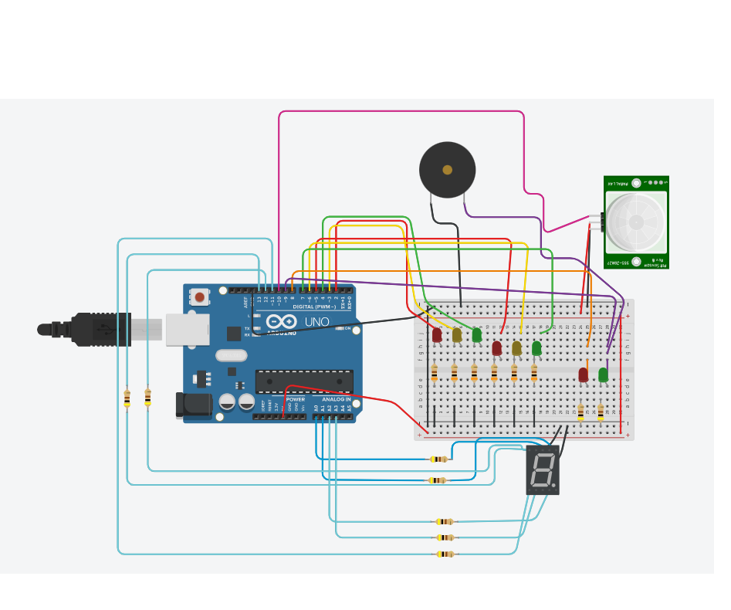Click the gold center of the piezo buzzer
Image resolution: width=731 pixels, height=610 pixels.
(447, 170)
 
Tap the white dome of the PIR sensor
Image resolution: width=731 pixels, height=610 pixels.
(635, 222)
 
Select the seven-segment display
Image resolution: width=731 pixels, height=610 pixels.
(542, 469)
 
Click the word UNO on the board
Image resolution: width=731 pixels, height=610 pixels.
(316, 322)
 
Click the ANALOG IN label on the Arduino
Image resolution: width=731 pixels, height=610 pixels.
(336, 399)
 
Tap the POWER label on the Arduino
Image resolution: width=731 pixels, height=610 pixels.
(295, 399)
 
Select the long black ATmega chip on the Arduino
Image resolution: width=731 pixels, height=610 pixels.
(304, 381)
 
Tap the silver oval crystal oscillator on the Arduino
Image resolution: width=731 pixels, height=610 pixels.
(231, 356)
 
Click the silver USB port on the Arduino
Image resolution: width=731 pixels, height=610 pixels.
(187, 329)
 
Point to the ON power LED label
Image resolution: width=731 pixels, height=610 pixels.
(346, 328)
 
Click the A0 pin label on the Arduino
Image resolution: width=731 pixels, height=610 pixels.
(316, 407)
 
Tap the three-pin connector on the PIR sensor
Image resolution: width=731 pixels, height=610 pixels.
(602, 222)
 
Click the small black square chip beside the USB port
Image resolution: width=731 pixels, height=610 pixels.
(233, 334)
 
